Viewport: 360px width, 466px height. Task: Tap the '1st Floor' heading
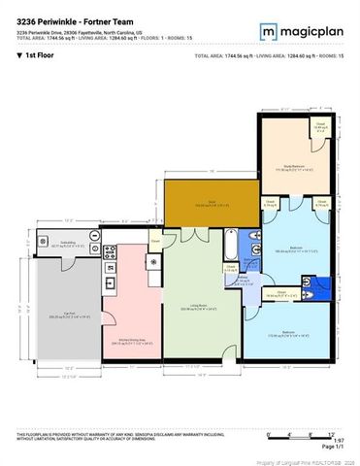(39, 56)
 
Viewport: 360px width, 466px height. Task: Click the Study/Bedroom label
(288, 170)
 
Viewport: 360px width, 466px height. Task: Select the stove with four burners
(110, 255)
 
